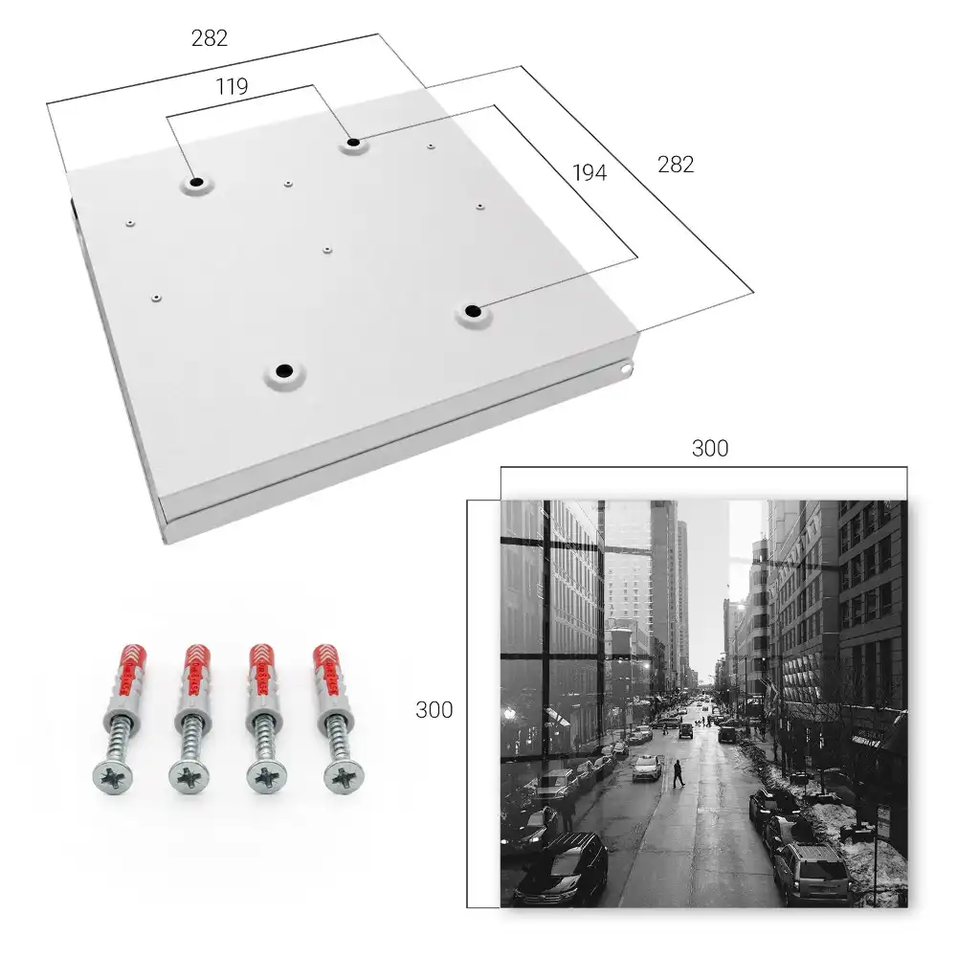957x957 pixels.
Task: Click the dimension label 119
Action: point(232,87)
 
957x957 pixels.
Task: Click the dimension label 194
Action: point(590,172)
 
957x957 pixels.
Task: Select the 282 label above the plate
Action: point(210,38)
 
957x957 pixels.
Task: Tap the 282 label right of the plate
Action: point(676,165)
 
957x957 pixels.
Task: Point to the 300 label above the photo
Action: point(710,449)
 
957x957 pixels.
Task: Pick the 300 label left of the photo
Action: point(434,710)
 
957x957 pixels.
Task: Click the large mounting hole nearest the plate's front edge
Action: point(284,370)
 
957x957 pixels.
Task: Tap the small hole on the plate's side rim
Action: point(627,368)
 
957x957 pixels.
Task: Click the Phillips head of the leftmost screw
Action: point(113,776)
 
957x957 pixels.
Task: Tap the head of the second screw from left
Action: point(189,777)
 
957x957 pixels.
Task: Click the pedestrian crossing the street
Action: point(679,773)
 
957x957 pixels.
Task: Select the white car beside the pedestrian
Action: point(646,768)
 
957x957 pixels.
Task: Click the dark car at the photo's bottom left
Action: point(559,870)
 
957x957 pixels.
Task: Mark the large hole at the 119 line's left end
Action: point(196,182)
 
